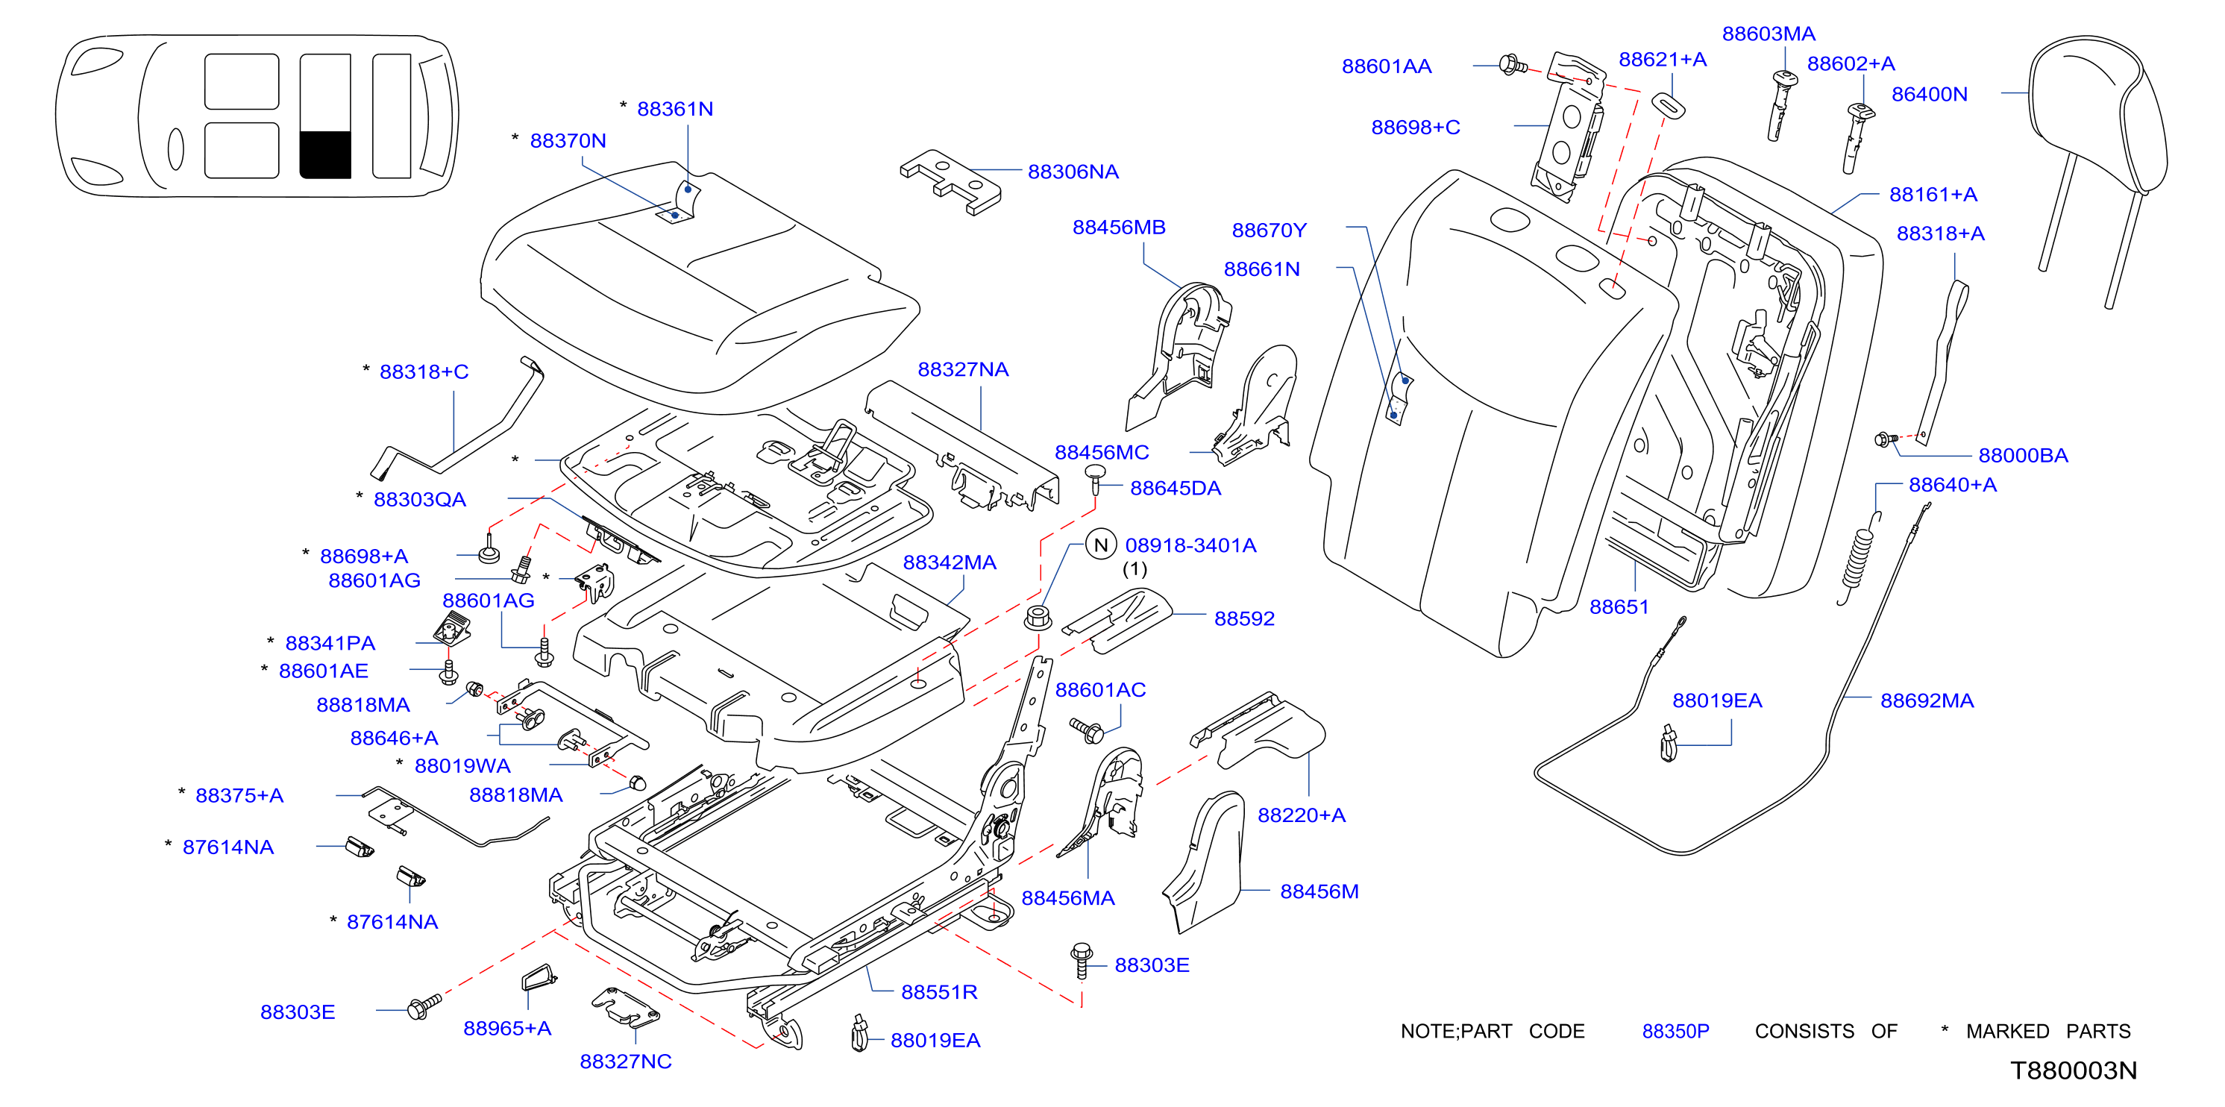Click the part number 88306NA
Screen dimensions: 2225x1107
[x=1073, y=172]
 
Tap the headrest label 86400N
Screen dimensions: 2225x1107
[x=1929, y=94]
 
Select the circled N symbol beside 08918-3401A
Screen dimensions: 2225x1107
[x=1100, y=545]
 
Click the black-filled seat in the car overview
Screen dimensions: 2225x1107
[x=324, y=154]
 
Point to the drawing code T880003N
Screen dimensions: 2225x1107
[x=2073, y=1070]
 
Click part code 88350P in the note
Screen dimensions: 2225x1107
[x=1675, y=1031]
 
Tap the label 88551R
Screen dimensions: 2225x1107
[x=939, y=992]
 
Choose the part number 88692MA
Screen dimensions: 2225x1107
[x=1927, y=700]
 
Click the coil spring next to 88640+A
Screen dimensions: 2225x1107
[x=1857, y=558]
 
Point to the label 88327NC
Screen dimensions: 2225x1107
[x=625, y=1061]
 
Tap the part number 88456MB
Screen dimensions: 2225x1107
[x=1119, y=227]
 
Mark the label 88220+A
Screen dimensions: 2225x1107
[x=1301, y=815]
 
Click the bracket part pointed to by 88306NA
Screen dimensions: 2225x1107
[x=950, y=181]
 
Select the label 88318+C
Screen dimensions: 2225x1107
[x=423, y=371]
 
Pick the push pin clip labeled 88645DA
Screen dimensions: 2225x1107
[x=1095, y=479]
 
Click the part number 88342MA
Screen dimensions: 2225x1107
[x=950, y=562]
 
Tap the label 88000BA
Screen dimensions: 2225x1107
[x=2023, y=455]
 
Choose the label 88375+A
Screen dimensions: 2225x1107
[x=239, y=795]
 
